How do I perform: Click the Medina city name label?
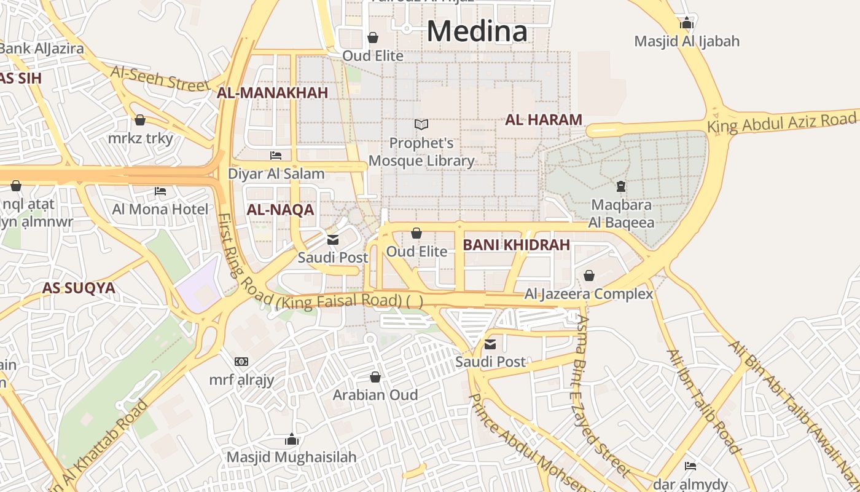[477, 31]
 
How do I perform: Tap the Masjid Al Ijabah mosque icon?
[687, 23]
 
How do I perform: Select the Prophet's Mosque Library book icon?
[421, 124]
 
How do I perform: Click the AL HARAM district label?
[544, 120]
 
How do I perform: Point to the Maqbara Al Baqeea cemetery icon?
[621, 186]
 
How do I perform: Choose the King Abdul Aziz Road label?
[781, 122]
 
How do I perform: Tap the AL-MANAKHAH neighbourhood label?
[272, 93]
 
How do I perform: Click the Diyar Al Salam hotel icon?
[276, 156]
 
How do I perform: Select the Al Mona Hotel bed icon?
[160, 191]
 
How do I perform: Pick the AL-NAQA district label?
[280, 210]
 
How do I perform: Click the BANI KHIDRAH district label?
[516, 245]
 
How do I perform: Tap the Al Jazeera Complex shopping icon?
[589, 276]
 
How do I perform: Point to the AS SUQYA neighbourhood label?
[79, 288]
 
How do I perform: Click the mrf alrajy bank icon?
[241, 362]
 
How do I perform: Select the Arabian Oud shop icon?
[375, 376]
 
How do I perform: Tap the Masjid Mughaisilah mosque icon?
[292, 439]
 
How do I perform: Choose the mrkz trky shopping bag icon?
[140, 120]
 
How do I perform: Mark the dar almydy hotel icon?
[690, 466]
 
